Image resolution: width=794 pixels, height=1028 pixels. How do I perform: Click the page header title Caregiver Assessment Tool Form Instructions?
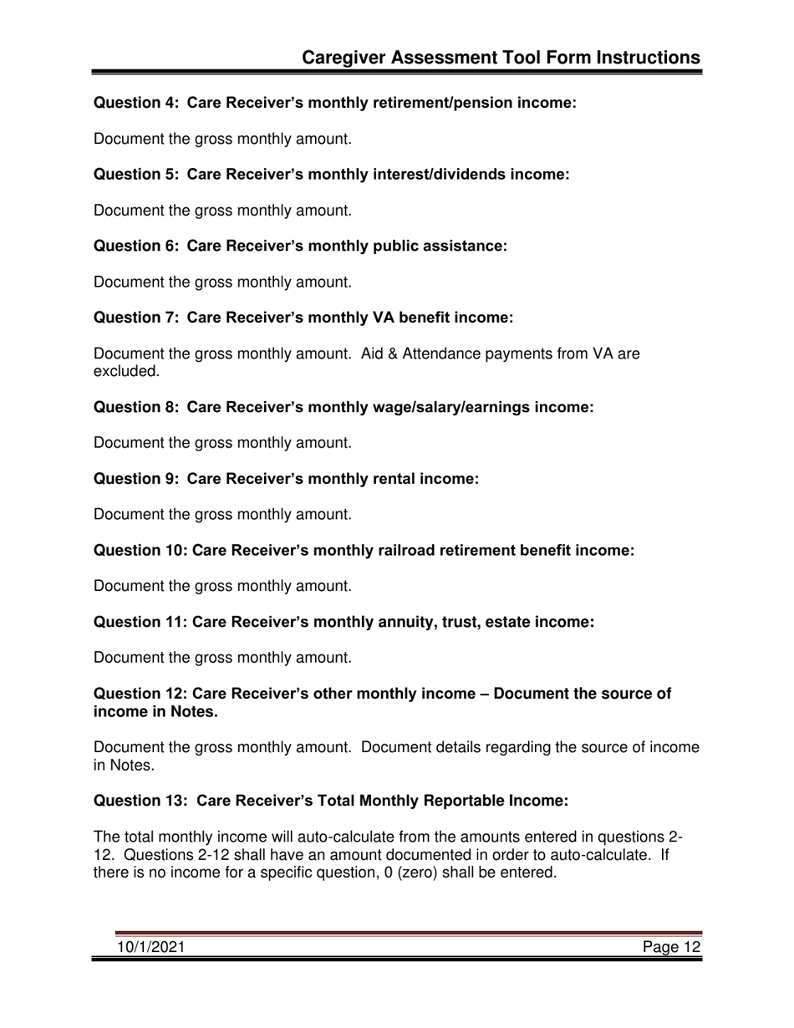click(x=501, y=57)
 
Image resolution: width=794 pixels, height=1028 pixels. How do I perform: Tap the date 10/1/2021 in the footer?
click(x=150, y=947)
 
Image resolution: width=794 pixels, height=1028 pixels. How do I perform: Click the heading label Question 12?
click(x=140, y=694)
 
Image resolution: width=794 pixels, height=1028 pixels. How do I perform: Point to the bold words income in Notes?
click(x=155, y=711)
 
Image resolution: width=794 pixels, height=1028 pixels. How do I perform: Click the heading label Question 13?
click(x=140, y=801)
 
